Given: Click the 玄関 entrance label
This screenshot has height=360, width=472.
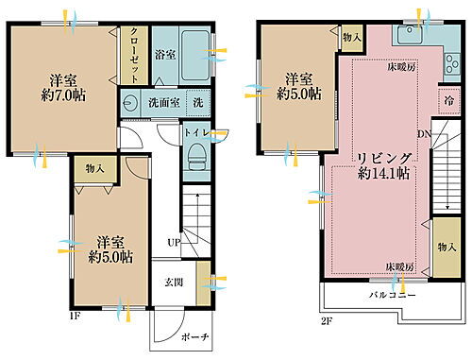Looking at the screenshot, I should (175, 283).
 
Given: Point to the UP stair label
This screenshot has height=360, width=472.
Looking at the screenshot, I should (174, 242).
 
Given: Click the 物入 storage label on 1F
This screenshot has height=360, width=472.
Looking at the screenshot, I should (94, 168).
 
